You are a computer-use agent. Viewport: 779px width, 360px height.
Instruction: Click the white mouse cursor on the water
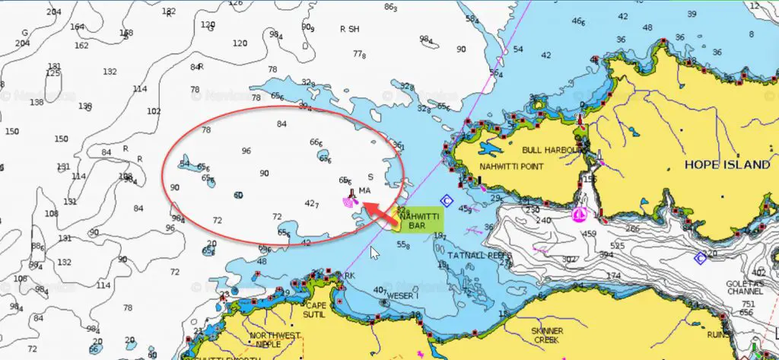tap(374, 253)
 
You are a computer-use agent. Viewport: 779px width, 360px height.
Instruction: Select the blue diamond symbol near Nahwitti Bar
tap(446, 201)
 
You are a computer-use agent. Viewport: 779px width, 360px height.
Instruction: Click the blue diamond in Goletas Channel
tap(700, 259)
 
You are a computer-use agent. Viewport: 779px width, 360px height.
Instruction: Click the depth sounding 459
tap(590, 234)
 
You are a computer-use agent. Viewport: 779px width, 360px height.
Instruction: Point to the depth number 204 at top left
tap(53, 12)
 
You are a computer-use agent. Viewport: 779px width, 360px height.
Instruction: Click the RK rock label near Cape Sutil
tap(350, 276)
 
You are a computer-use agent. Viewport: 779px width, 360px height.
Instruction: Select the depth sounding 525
tap(616, 246)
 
